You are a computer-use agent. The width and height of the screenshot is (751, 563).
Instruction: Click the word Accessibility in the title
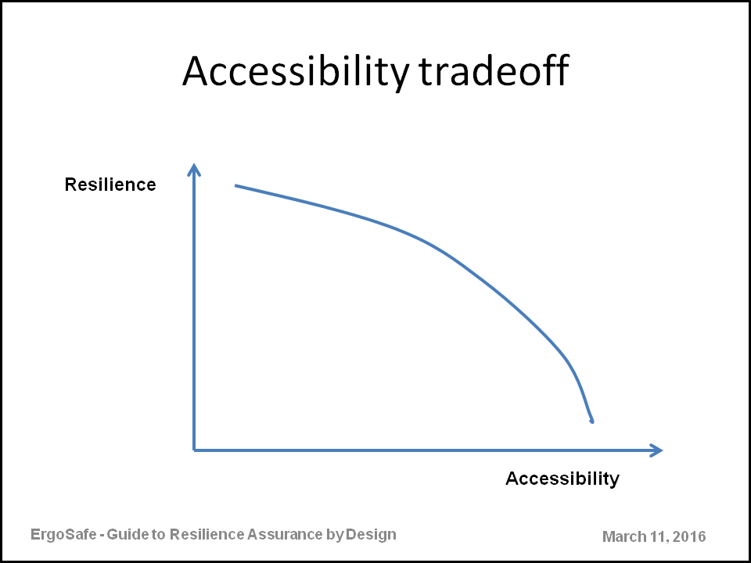[x=296, y=72]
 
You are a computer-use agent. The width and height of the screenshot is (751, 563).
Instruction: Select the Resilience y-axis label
[x=110, y=185]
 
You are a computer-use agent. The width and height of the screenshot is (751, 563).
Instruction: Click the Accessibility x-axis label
[x=562, y=479]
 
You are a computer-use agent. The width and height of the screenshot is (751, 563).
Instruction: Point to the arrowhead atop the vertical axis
[x=193, y=169]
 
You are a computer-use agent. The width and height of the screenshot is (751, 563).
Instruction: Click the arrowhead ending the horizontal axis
[x=656, y=450]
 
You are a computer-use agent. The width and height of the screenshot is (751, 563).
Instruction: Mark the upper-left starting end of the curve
[x=235, y=185]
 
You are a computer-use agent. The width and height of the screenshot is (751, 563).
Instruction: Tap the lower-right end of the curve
[x=592, y=421]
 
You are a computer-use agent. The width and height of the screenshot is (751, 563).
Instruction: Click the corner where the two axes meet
[x=194, y=450]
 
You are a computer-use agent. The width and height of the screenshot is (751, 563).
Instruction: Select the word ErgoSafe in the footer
[x=63, y=534]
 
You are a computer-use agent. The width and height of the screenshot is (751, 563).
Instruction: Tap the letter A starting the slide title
[x=195, y=72]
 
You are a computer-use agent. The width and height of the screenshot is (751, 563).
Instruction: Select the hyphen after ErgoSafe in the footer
[x=101, y=536]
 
